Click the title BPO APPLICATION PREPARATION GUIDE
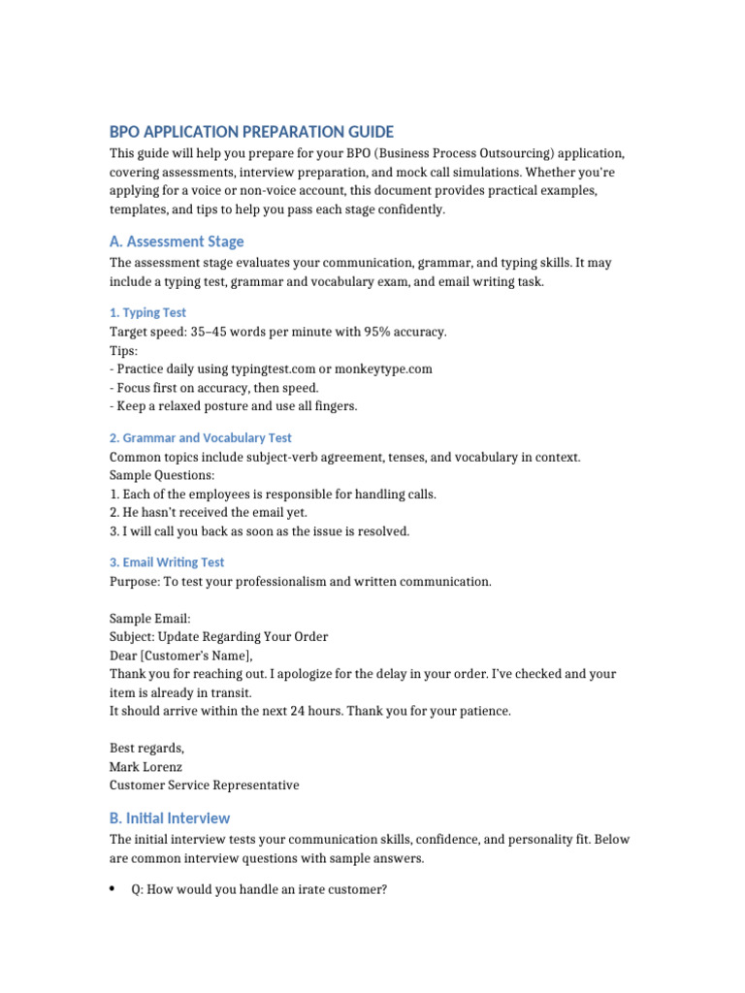pos(251,132)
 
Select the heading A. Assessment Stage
pos(177,241)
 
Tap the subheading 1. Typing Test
pos(147,313)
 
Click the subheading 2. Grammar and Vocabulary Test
pos(200,438)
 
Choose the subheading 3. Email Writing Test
pos(166,562)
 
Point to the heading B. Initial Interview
pos(170,817)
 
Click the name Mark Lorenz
pos(146,766)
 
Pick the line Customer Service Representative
pos(204,785)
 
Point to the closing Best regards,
pos(146,748)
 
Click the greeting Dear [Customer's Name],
pos(187,656)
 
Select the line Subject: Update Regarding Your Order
pos(218,637)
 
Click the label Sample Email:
pos(150,619)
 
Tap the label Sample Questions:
pos(162,475)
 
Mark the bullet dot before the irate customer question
pos(113,889)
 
